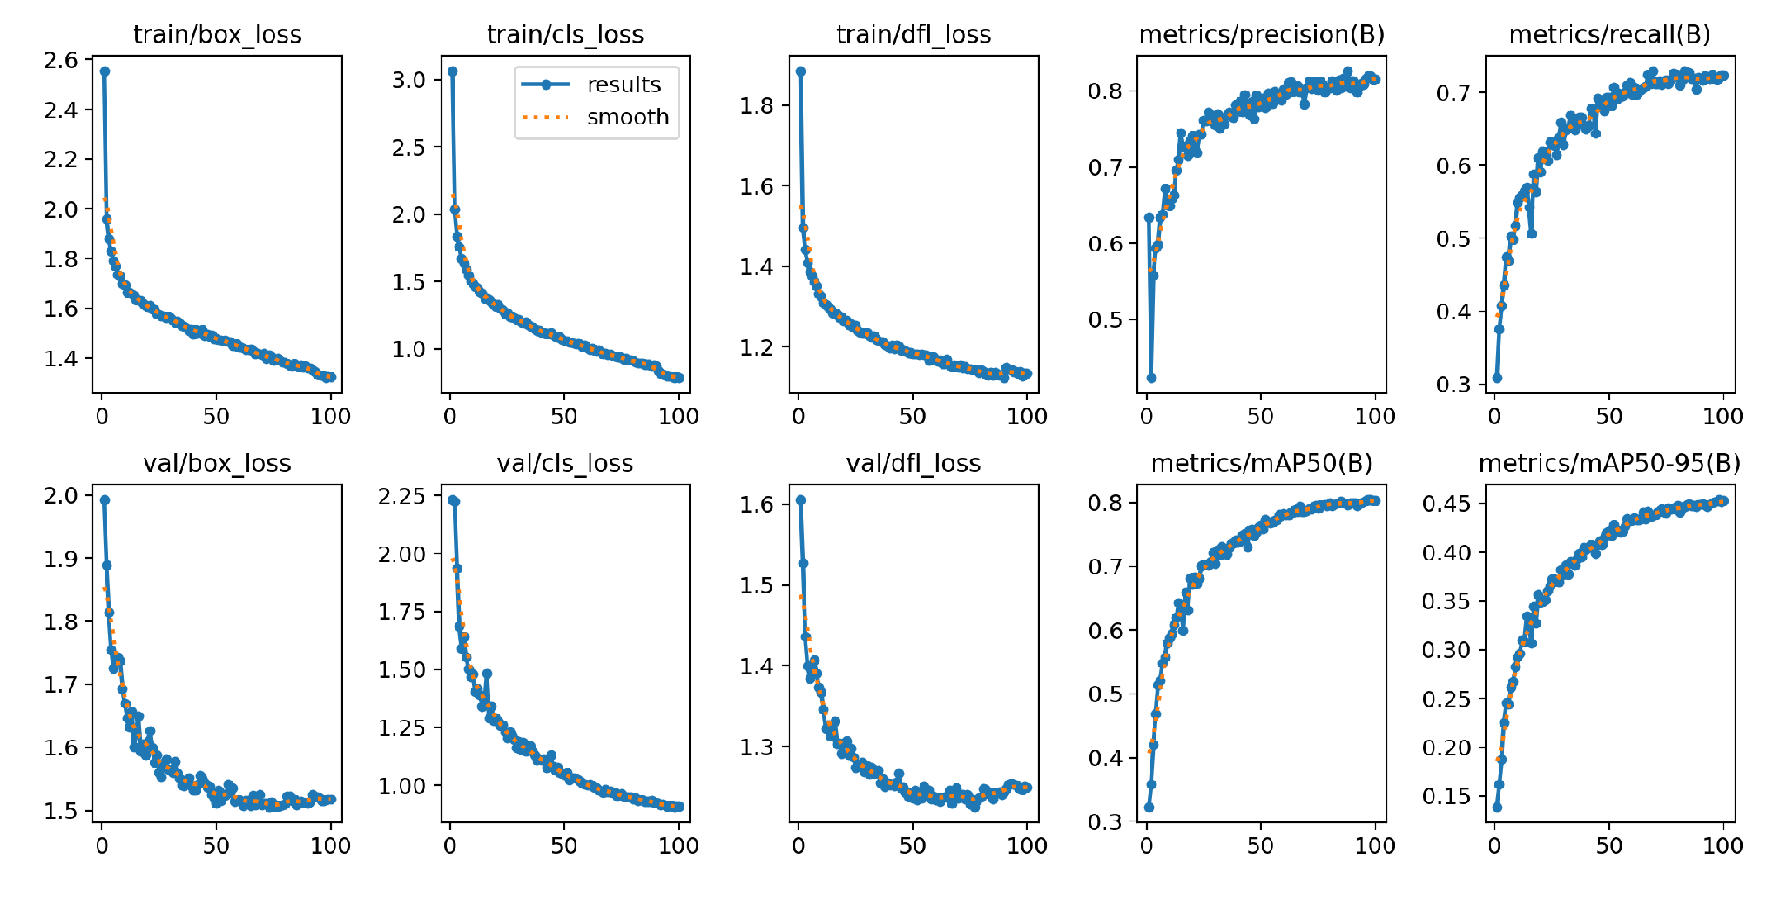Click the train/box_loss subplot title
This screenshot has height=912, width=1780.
tap(217, 35)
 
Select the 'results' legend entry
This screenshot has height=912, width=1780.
tap(624, 84)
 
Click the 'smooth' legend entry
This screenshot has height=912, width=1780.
tap(627, 117)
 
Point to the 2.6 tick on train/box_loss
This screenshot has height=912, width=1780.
tap(61, 60)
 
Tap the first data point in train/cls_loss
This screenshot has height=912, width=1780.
tap(452, 71)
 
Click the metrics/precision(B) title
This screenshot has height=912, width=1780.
tap(1261, 35)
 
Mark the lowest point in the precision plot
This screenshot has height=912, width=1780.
tap(1151, 378)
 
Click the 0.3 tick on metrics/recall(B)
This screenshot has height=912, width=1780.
tap(1453, 384)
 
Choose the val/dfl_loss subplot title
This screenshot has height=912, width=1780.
tap(913, 463)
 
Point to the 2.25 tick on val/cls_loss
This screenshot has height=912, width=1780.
tap(401, 496)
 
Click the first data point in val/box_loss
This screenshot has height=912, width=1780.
tap(105, 500)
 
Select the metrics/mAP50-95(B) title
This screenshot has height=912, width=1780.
tap(1609, 463)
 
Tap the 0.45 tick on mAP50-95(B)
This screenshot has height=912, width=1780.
tap(1446, 504)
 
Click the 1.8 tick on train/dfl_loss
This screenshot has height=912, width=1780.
tap(757, 106)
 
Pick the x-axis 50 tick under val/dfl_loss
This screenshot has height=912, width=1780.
tap(913, 845)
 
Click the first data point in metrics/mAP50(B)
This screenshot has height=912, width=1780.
tap(1149, 807)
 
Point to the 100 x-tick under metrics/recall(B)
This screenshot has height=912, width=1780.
tap(1722, 416)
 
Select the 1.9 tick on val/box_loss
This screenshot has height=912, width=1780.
tap(61, 559)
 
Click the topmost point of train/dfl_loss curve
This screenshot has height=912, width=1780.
tap(800, 71)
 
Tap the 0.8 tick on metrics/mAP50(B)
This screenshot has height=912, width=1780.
tap(1105, 503)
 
